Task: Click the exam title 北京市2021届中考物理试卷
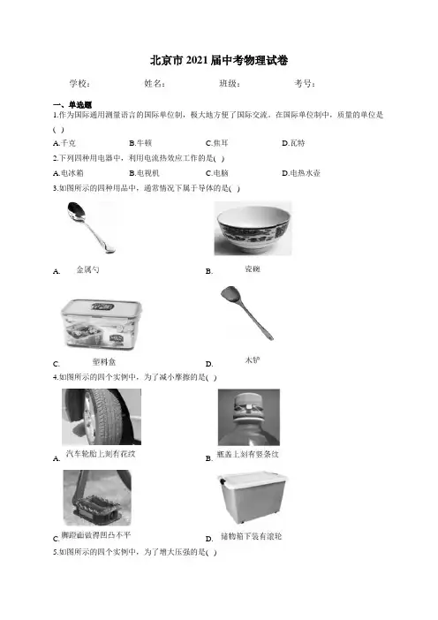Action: pyautogui.click(x=219, y=60)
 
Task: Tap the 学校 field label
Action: pyautogui.click(x=79, y=83)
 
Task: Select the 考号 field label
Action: pyautogui.click(x=305, y=83)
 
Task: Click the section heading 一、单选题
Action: pyautogui.click(x=72, y=105)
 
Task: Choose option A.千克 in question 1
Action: pyautogui.click(x=64, y=143)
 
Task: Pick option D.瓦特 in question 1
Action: pyautogui.click(x=293, y=143)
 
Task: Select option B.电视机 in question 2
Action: pyautogui.click(x=144, y=173)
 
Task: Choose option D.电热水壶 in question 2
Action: pyautogui.click(x=301, y=173)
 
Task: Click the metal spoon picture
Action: pyautogui.click(x=90, y=227)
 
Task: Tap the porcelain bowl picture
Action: pyautogui.click(x=253, y=229)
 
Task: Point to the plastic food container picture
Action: pyautogui.click(x=102, y=325)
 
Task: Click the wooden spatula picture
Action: pyautogui.click(x=247, y=314)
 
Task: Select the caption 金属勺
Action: pyautogui.click(x=87, y=269)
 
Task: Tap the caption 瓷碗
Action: pyautogui.click(x=253, y=268)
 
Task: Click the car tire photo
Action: pyautogui.click(x=102, y=417)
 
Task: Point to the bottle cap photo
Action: pyautogui.click(x=249, y=417)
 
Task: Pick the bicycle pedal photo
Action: pyautogui.click(x=97, y=498)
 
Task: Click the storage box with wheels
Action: pyautogui.click(x=252, y=498)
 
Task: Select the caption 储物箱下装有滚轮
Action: pyautogui.click(x=252, y=537)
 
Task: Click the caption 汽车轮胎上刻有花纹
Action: pyautogui.click(x=101, y=454)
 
